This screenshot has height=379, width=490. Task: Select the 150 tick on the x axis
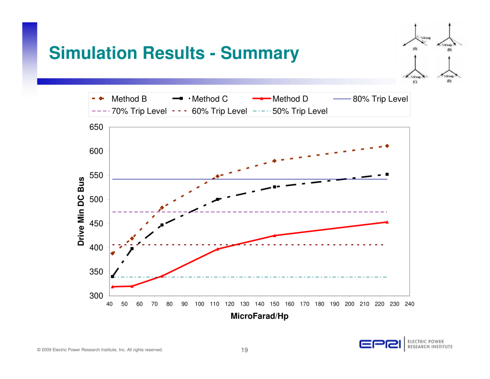[x=275, y=304]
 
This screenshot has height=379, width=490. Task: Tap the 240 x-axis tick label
[x=409, y=304]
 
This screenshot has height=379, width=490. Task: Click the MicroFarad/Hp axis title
[x=259, y=316]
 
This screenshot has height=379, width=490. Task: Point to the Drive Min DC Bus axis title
[x=81, y=211]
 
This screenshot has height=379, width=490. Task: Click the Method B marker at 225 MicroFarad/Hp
[x=387, y=146]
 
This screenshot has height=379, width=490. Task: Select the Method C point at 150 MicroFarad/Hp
[x=275, y=187]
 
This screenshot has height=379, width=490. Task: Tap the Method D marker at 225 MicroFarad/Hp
[x=387, y=222]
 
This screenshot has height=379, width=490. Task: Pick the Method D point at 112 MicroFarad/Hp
[x=218, y=249]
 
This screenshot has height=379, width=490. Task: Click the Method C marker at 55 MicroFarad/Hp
[x=132, y=249]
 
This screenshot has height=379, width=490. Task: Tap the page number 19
[x=245, y=350]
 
